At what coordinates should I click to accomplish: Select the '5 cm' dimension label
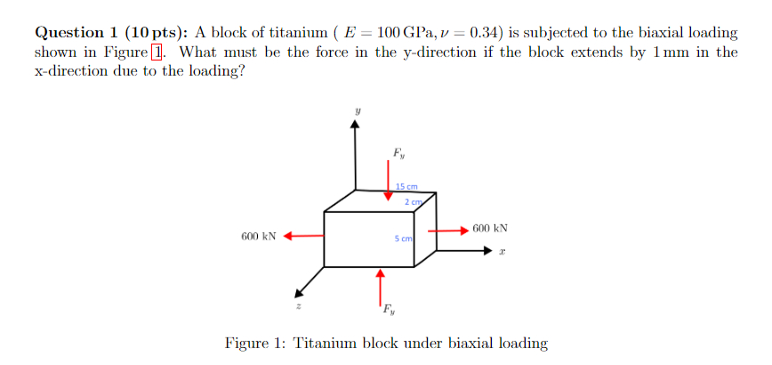(x=403, y=239)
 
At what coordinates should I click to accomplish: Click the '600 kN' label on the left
(x=259, y=237)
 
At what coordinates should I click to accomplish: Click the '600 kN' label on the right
(x=490, y=228)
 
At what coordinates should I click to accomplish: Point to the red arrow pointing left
(x=303, y=237)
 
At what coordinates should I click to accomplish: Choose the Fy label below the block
(x=389, y=311)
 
